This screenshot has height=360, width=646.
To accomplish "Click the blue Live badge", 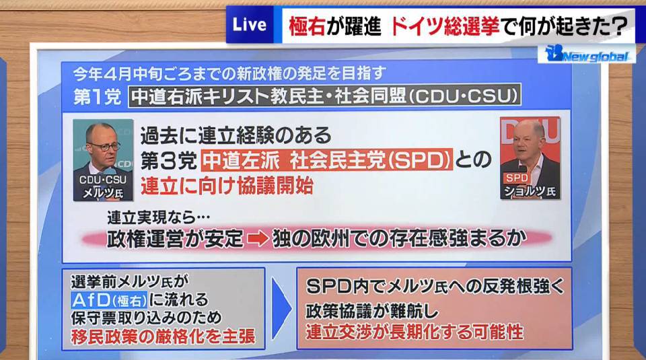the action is (x=250, y=25).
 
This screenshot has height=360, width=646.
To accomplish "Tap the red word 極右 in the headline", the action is (x=307, y=26).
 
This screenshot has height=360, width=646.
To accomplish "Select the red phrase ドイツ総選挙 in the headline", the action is (x=444, y=26).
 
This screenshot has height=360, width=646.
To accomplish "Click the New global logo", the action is (x=586, y=54).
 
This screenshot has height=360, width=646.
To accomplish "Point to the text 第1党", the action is (x=97, y=97).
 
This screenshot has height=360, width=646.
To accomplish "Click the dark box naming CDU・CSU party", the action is (x=324, y=96).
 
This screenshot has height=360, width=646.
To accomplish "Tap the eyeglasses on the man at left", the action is (x=105, y=146).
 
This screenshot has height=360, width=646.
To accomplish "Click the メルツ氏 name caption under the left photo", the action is (x=103, y=192).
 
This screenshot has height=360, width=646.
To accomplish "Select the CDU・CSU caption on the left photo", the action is (x=103, y=180).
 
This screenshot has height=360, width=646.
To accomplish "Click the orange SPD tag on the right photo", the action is (x=517, y=178).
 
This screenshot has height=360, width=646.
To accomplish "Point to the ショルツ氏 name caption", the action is (x=530, y=191).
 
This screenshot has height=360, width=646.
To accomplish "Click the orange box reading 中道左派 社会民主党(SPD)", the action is (x=327, y=160).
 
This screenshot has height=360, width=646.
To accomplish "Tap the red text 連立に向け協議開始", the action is (x=227, y=186).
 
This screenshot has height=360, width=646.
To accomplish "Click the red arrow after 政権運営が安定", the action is (x=258, y=239).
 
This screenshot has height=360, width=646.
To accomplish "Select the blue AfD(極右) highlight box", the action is (x=109, y=300).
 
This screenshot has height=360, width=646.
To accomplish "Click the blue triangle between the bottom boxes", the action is (x=281, y=308).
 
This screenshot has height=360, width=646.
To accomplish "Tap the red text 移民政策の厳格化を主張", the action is (x=163, y=336).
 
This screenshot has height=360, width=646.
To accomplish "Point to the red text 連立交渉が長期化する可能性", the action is (x=415, y=332).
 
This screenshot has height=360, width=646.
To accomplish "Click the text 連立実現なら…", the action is (x=159, y=217).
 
